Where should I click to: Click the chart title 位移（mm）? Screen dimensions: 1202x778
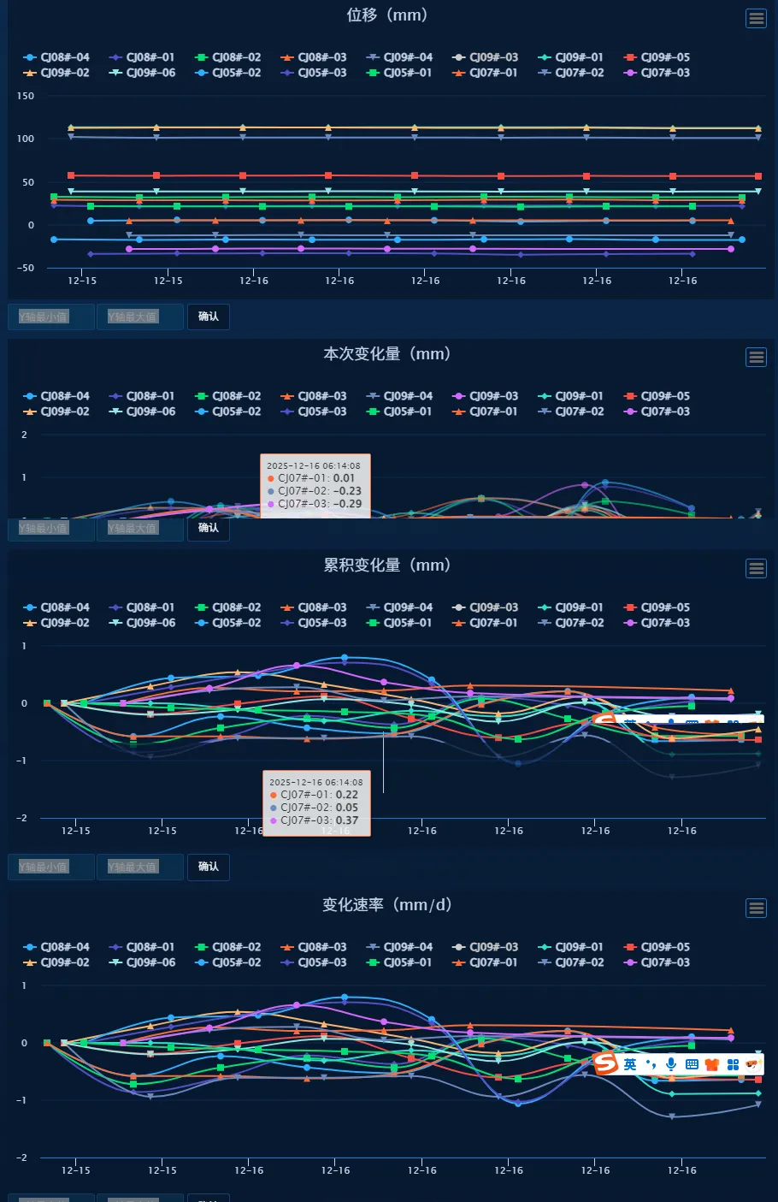tap(387, 15)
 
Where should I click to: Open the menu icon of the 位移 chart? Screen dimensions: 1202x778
tap(756, 18)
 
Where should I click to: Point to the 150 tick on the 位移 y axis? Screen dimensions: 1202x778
tap(26, 96)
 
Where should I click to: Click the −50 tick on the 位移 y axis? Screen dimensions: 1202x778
tap(26, 268)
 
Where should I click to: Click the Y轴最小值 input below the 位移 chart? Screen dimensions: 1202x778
tap(50, 317)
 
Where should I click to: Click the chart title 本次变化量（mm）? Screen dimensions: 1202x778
tap(387, 354)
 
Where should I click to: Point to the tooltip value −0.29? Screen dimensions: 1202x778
tap(348, 504)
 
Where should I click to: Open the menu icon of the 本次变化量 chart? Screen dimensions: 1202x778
tap(756, 357)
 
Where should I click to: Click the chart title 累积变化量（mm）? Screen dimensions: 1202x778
tap(387, 565)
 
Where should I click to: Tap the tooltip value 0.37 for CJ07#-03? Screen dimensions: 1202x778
tap(347, 820)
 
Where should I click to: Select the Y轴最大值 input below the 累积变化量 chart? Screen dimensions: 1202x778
tap(139, 867)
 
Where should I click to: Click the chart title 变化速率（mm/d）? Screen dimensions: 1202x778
tap(387, 905)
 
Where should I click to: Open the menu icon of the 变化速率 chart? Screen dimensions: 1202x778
tap(756, 908)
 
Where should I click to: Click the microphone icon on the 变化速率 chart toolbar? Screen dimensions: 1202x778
tap(671, 1063)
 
